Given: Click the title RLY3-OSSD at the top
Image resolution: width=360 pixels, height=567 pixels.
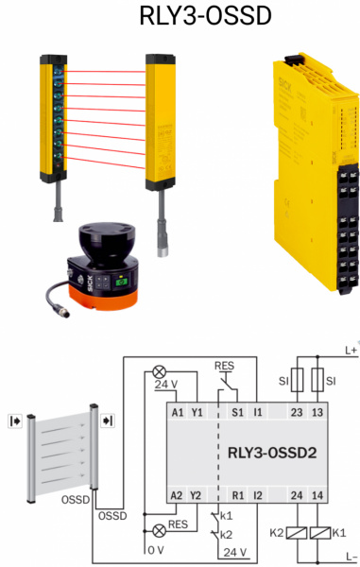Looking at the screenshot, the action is coord(205,16).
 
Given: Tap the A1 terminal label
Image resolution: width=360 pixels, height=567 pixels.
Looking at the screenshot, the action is coord(178,412).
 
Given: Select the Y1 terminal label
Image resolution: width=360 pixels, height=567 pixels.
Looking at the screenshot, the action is coord(197,412).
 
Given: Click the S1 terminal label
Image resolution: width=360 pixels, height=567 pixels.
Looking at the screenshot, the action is coord(237,412).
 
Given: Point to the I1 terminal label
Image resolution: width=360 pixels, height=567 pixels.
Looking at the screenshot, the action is coord(257,412).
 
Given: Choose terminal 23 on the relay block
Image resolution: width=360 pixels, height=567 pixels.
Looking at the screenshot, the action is coord(297,412).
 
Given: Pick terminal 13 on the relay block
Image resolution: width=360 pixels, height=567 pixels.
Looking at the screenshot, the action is coord(317,412).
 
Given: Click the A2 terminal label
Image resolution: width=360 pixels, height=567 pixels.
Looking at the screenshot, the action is coord(177,495).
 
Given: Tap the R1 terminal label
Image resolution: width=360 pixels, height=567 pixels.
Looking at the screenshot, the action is coord(237,495).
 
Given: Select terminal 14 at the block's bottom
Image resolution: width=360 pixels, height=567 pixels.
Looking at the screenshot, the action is coord(317,495).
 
